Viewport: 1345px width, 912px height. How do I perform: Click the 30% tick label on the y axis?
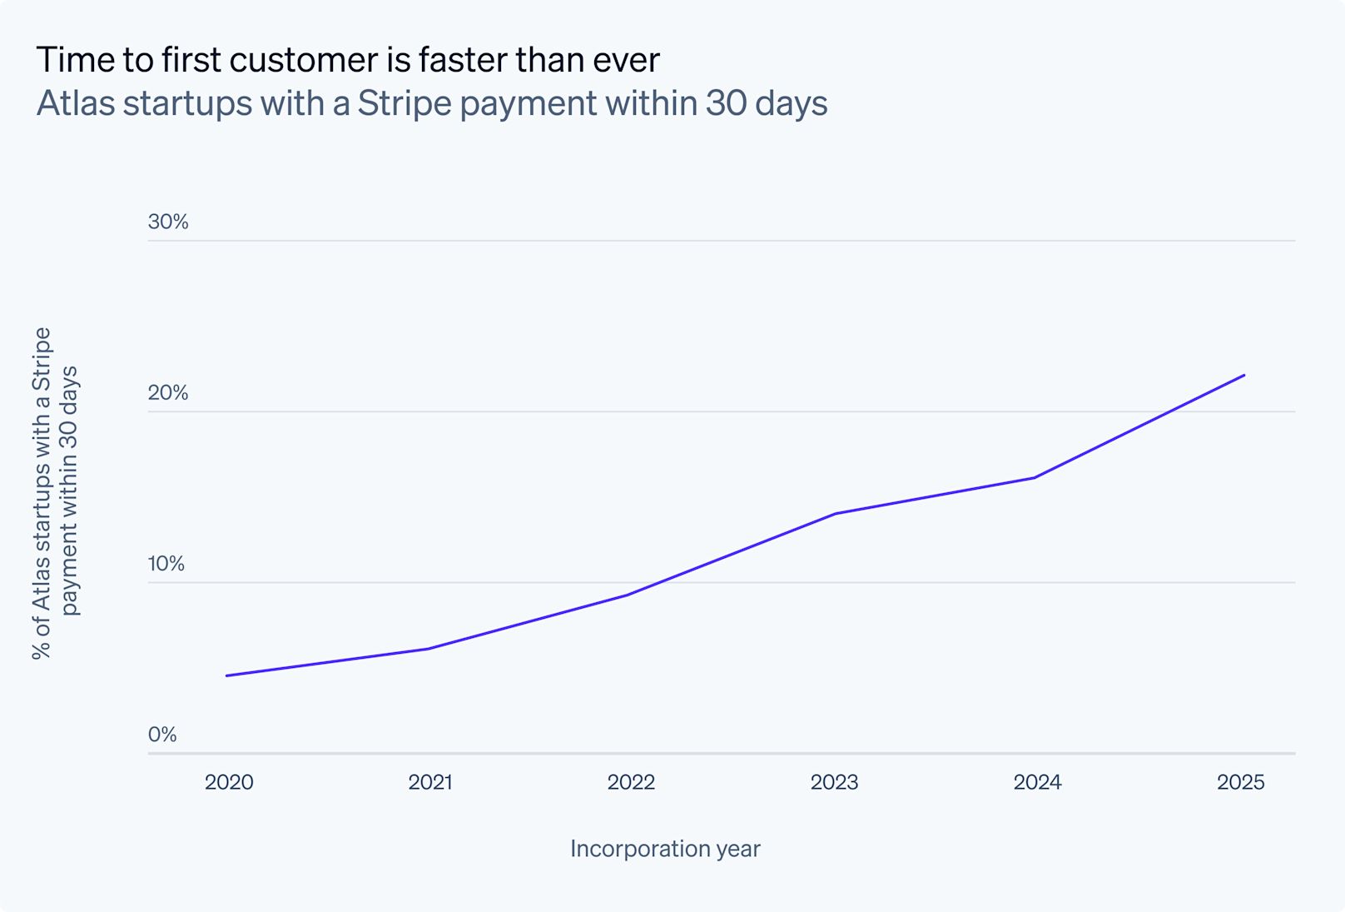168,222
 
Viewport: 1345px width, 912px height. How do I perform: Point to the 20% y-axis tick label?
168,392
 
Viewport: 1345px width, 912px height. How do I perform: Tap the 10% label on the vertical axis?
166,564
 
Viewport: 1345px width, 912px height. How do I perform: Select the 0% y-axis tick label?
162,735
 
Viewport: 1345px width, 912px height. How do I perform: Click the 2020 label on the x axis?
229,782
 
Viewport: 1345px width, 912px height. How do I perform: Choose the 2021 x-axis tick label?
430,782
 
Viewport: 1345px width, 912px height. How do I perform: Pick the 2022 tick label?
631,782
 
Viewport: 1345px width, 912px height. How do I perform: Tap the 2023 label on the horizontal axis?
834,782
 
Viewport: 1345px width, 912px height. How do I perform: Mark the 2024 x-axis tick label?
1037,782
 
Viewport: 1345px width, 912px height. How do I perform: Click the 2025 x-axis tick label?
1240,782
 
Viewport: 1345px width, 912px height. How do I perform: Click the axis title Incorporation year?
665,849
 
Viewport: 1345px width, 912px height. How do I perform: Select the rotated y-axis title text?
55,493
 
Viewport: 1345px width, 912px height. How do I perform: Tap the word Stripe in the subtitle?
404,103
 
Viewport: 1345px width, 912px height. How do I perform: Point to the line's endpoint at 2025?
1244,375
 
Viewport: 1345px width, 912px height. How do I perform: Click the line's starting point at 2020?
226,675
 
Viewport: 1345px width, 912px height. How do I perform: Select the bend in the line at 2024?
1034,477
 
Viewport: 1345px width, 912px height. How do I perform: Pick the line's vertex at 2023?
835,514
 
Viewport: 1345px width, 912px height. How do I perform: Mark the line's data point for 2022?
626,595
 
